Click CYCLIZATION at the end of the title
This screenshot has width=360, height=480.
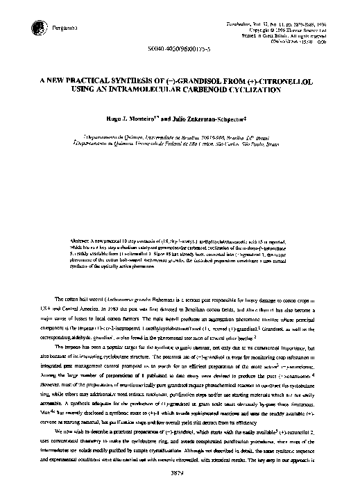275,89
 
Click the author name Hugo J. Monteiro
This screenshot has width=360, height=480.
148,119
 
